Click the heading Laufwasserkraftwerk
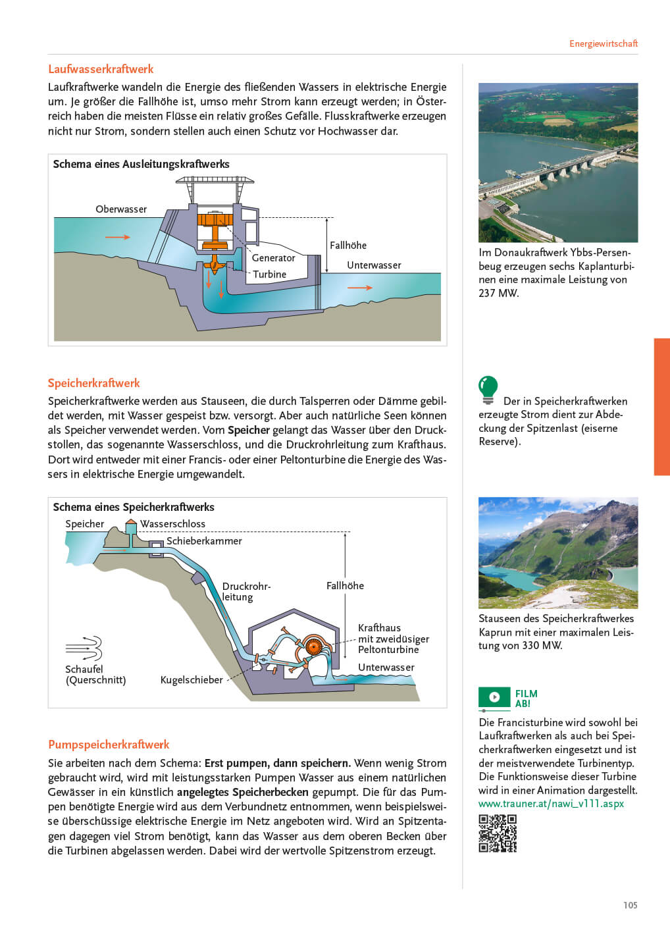pyautogui.click(x=101, y=69)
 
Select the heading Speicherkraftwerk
pyautogui.click(x=94, y=383)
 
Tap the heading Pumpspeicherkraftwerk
pyautogui.click(x=109, y=745)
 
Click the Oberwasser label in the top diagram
pyautogui.click(x=121, y=209)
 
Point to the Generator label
pyautogui.click(x=273, y=258)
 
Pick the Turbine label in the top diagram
pyautogui.click(x=270, y=275)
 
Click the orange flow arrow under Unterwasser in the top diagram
pyautogui.click(x=359, y=288)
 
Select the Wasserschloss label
pyautogui.click(x=172, y=524)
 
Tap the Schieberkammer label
pyautogui.click(x=204, y=541)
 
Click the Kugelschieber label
pyautogui.click(x=192, y=680)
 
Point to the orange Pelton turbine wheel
pyautogui.click(x=313, y=646)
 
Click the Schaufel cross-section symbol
pyautogui.click(x=84, y=648)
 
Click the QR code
pyautogui.click(x=498, y=833)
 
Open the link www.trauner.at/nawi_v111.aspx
pyautogui.click(x=551, y=804)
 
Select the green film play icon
pyautogui.click(x=494, y=697)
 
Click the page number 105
pyautogui.click(x=630, y=905)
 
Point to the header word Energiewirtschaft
pyautogui.click(x=603, y=44)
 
